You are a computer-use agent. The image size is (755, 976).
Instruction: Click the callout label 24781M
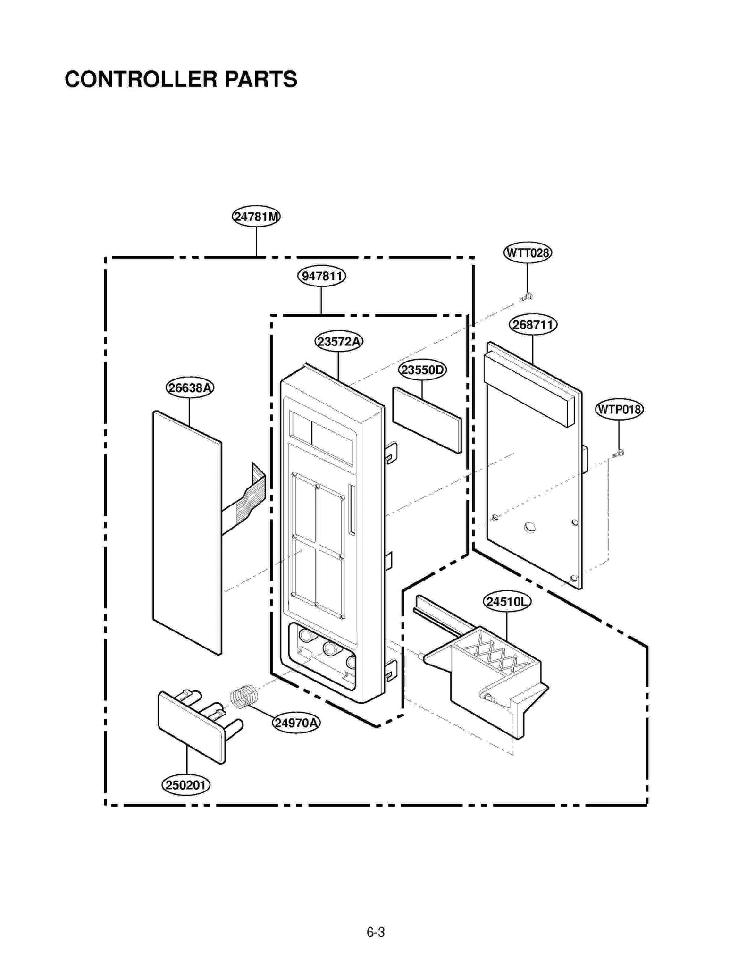click(x=256, y=217)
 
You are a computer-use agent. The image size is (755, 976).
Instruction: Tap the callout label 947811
click(x=321, y=276)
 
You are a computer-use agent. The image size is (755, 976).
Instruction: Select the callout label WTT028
click(x=527, y=253)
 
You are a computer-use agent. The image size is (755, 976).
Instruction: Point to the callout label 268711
click(x=533, y=325)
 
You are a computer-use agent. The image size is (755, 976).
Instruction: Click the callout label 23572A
click(x=338, y=341)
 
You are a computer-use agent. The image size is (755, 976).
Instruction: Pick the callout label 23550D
click(x=422, y=370)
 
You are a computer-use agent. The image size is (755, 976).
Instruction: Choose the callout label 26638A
click(x=190, y=387)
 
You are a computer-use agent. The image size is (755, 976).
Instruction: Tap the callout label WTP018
click(x=619, y=409)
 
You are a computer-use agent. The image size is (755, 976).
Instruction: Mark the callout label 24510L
click(x=507, y=602)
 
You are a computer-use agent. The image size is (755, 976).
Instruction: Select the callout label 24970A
click(x=296, y=723)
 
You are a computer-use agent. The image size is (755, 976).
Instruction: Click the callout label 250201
click(x=186, y=785)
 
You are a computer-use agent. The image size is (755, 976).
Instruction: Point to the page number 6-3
click(x=376, y=932)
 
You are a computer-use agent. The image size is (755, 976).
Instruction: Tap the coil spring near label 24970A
click(x=244, y=696)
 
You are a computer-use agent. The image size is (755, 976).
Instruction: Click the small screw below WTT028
click(x=526, y=297)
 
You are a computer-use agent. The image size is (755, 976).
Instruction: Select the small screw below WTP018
click(x=618, y=454)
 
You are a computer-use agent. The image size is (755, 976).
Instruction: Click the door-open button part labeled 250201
click(x=191, y=727)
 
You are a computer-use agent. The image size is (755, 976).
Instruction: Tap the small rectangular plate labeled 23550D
click(x=427, y=420)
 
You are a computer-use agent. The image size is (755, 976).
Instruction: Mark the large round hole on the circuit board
click(x=530, y=527)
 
